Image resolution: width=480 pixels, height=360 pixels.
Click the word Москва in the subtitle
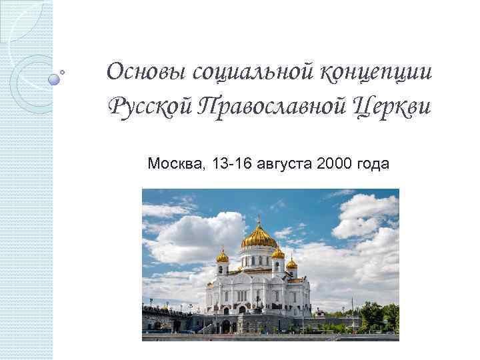175,163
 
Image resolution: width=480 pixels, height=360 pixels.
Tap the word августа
284,163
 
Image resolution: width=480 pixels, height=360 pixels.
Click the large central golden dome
259,237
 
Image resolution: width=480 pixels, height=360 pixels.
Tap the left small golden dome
223,256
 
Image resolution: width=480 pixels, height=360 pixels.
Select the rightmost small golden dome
292,263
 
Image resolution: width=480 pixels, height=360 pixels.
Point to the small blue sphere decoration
54,79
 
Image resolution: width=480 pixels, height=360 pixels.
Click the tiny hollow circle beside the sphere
63,71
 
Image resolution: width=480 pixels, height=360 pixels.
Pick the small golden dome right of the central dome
278,253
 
